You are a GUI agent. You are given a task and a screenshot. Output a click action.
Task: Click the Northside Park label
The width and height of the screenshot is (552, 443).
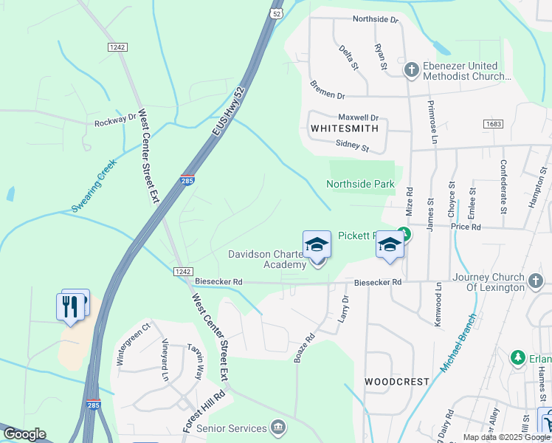[360, 184]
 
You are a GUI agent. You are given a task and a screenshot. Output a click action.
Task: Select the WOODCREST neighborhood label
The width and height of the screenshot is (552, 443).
[396, 382]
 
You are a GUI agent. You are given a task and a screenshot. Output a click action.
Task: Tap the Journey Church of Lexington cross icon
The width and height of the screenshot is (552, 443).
[537, 281]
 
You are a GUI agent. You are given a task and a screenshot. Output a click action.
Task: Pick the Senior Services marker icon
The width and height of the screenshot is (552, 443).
[278, 427]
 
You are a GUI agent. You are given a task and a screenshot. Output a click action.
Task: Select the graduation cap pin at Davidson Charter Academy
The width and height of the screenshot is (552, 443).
[317, 244]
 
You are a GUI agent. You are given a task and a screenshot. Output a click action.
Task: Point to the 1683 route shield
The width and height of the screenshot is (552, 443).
[494, 124]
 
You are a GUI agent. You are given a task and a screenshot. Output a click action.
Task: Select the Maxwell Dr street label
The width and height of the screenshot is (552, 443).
[358, 117]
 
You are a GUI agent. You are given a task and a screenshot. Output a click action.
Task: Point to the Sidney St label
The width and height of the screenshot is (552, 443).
[351, 144]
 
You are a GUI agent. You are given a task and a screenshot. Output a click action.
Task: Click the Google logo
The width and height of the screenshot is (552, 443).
[24, 434]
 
